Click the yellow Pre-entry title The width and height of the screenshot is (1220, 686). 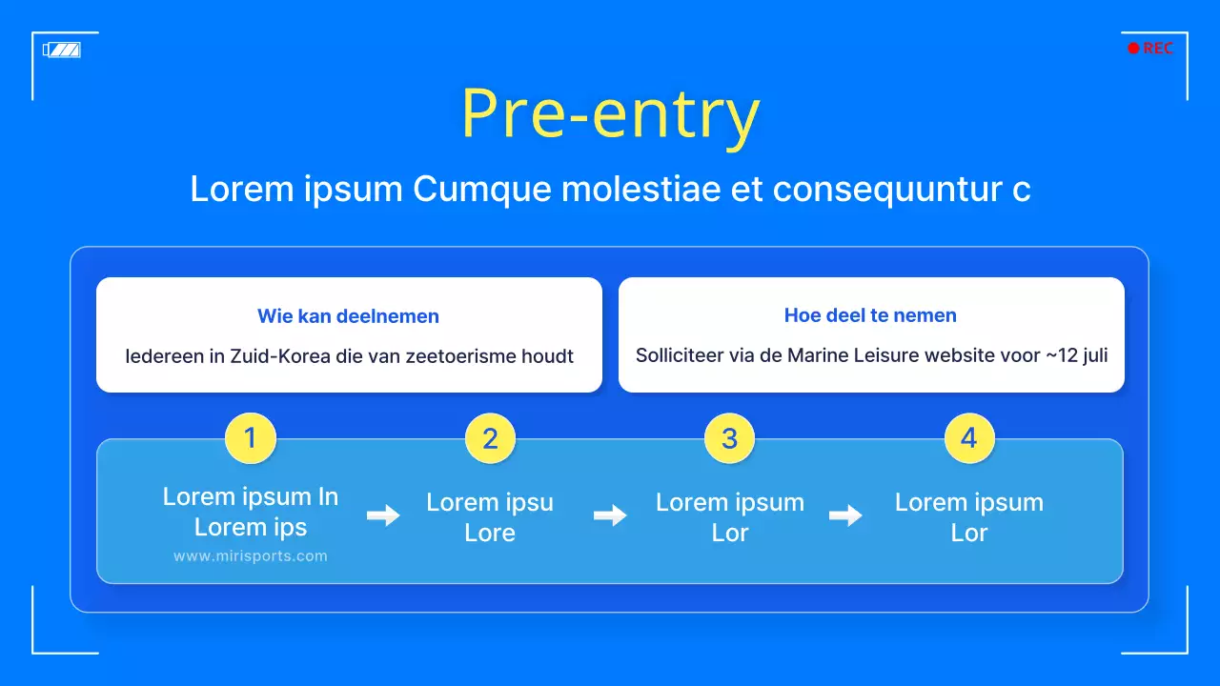[x=611, y=115]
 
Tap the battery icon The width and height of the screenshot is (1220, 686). [x=62, y=50]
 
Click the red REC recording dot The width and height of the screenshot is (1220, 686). [x=1133, y=49]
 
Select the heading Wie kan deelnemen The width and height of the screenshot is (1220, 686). [x=348, y=315]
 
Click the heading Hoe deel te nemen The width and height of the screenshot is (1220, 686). [x=870, y=315]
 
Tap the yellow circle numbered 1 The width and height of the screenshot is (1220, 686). [x=251, y=438]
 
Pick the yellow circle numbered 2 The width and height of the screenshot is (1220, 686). [x=490, y=438]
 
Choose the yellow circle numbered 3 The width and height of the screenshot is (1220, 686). [x=730, y=438]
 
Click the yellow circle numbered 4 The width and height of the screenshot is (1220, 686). [x=969, y=438]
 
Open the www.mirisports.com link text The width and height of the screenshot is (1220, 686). [x=251, y=555]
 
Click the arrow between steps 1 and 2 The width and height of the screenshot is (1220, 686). [x=383, y=515]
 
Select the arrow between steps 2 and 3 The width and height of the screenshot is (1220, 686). [x=610, y=515]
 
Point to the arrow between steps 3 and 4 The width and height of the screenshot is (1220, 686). [x=845, y=515]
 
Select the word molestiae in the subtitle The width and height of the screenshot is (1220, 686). [x=640, y=189]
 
